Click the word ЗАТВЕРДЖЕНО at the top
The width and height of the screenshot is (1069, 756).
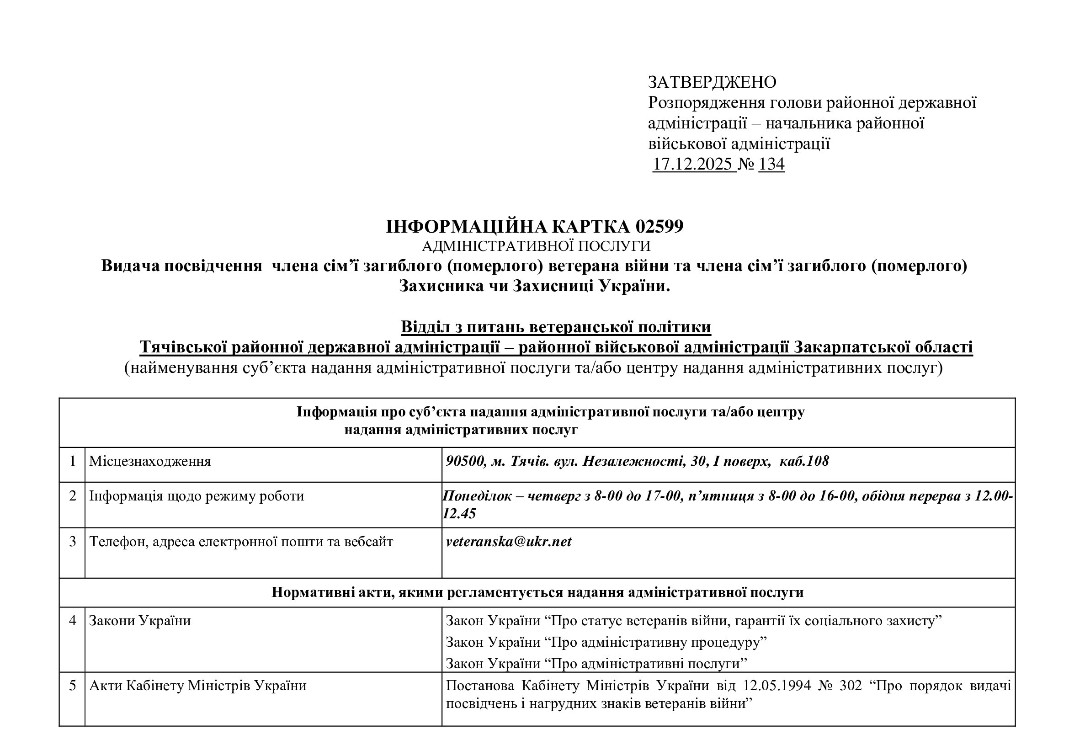pos(712,82)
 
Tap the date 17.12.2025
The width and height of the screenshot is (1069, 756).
pos(692,165)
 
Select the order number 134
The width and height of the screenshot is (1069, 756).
pos(771,165)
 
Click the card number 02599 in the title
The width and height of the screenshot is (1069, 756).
pos(659,227)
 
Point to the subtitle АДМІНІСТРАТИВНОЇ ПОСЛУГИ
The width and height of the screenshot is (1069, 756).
pos(536,246)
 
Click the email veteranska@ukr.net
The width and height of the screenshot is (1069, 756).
pos(508,541)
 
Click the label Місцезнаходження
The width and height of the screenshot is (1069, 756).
pos(150,461)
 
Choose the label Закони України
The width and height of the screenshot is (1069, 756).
pos(140,621)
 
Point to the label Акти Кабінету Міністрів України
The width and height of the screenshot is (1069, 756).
pos(198,686)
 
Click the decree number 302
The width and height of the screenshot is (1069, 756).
pos(851,686)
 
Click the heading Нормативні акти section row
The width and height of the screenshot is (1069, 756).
pos(537,593)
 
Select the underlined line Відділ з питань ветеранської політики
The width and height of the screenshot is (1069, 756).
pos(555,327)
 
